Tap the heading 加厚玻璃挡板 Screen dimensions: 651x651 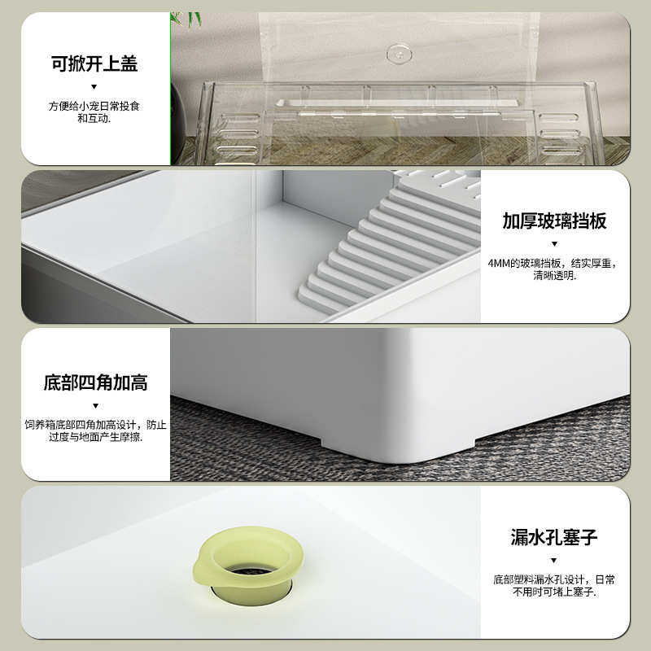pyautogui.click(x=554, y=221)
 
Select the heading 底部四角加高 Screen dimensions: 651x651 pyautogui.click(x=95, y=382)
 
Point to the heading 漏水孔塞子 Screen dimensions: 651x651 pyautogui.click(x=554, y=537)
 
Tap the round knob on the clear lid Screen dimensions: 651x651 pyautogui.click(x=399, y=54)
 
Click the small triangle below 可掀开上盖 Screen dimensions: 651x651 pyautogui.click(x=94, y=86)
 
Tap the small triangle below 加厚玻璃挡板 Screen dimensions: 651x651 pyautogui.click(x=554, y=243)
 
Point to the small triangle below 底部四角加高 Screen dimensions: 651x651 pyautogui.click(x=95, y=405)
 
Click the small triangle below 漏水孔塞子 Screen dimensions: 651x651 pyautogui.click(x=554, y=560)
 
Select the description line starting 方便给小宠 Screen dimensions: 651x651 pyautogui.click(x=94, y=106)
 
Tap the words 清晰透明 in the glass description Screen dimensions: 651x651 pyautogui.click(x=553, y=276)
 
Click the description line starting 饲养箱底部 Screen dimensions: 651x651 pyautogui.click(x=95, y=425)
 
